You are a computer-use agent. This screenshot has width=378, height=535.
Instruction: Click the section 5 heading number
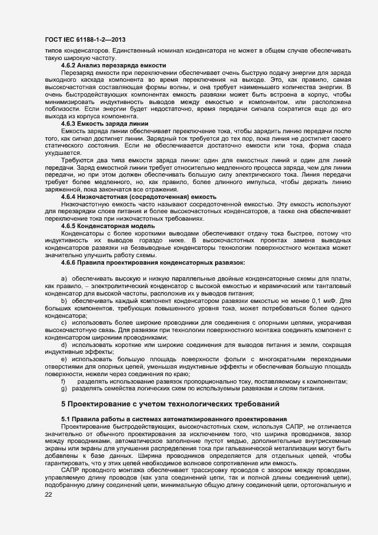click(x=64, y=405)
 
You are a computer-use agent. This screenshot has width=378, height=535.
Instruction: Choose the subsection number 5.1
click(x=66, y=420)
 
